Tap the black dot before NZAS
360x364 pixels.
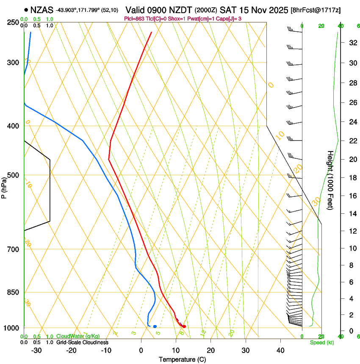[26, 9]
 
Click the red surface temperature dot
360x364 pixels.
[184, 326]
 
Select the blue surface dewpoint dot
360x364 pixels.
[155, 326]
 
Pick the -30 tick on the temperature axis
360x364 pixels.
[36, 350]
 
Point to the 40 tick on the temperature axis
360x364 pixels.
[280, 350]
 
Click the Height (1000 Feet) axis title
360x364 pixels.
[330, 180]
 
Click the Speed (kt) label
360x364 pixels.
[322, 342]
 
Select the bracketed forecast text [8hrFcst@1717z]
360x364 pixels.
[316, 10]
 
